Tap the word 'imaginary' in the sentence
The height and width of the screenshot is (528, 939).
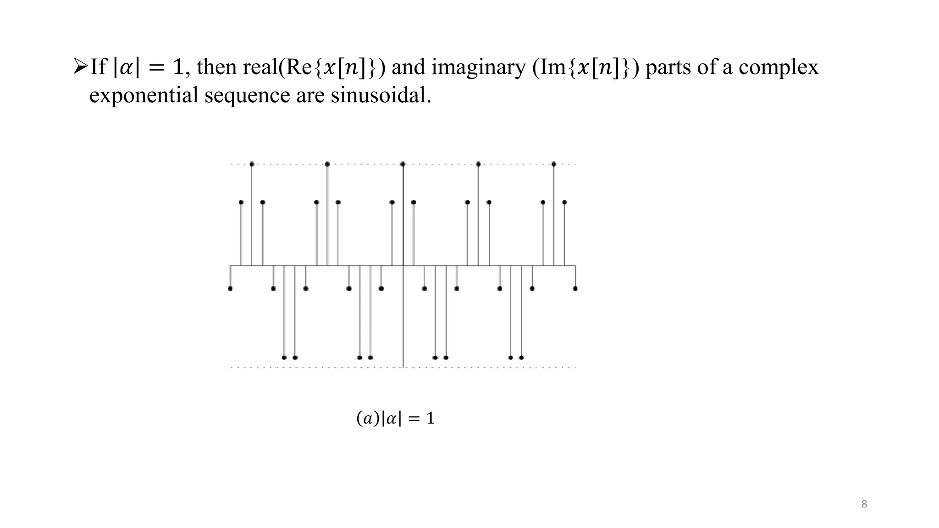click(x=479, y=67)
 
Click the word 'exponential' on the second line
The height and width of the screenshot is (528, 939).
click(x=144, y=95)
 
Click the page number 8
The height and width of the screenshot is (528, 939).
click(x=864, y=504)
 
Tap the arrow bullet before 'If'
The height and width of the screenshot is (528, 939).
click(x=80, y=67)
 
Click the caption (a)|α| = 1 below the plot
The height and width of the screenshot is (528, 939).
click(x=395, y=418)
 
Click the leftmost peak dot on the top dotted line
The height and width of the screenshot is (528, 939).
click(x=252, y=164)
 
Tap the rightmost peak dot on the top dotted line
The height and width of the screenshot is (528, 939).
click(x=554, y=164)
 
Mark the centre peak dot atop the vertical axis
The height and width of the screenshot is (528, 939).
click(x=403, y=164)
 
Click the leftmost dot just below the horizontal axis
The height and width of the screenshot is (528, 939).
click(x=230, y=288)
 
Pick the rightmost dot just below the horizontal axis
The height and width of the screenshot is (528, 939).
click(x=575, y=288)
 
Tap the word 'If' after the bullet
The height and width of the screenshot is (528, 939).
click(x=98, y=67)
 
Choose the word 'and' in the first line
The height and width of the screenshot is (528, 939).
click(x=409, y=67)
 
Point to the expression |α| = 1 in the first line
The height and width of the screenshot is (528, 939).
click(x=148, y=67)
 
